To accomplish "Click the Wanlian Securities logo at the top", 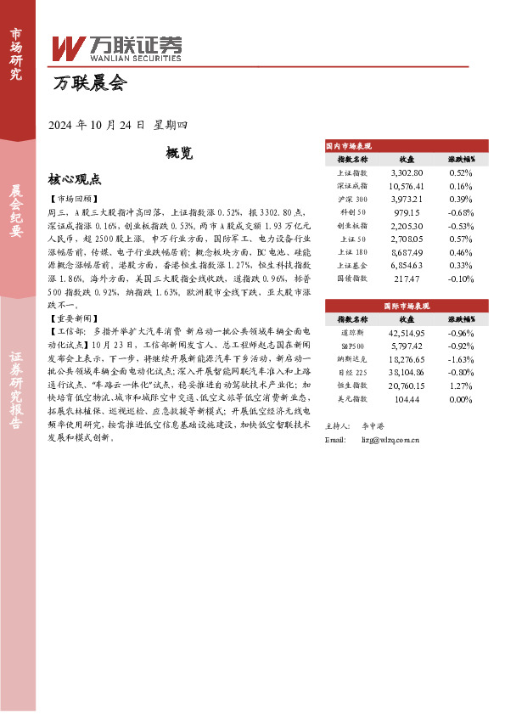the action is pos(117,48).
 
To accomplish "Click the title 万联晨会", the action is pos(89,84).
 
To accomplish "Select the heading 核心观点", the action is pos(75,179).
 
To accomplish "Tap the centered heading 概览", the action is pos(180,153).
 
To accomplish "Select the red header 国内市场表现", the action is pos(350,146).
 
